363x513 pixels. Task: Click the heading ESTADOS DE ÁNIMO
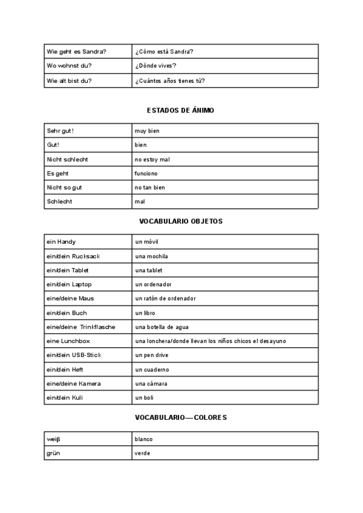click(x=180, y=111)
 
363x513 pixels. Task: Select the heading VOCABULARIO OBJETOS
click(x=181, y=221)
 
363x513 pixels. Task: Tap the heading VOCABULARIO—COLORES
click(x=181, y=418)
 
